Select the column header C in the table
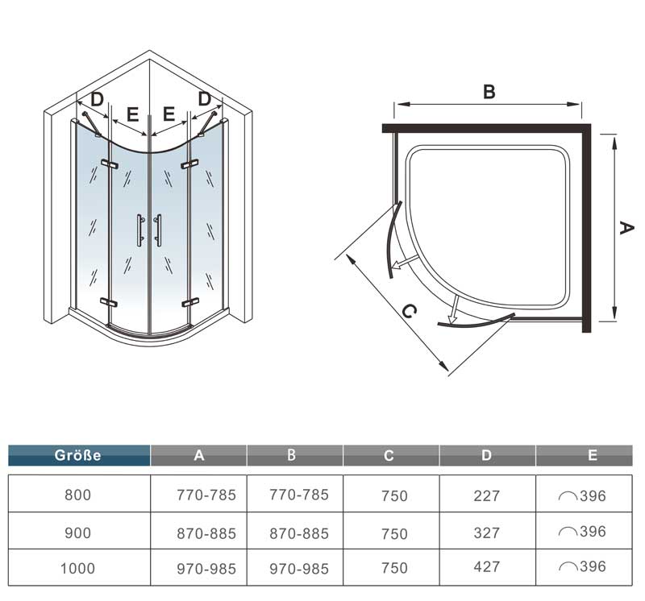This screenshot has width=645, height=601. coord(389,455)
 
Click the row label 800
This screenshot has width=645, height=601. coord(77,495)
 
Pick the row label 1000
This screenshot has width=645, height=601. coord(77,569)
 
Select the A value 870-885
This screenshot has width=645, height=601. coord(206,533)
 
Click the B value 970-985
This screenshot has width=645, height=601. coord(299,569)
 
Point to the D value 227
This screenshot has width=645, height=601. coord(487,495)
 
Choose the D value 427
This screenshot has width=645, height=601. coord(487,567)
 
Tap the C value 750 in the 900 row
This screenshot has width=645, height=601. coord(394,533)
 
